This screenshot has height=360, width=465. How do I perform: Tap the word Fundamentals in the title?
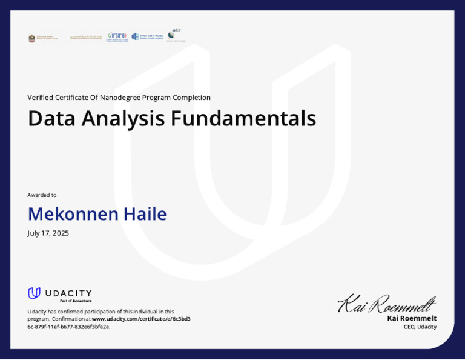(243, 118)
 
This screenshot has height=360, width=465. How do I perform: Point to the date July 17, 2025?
(48, 233)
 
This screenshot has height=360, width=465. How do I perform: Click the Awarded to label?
(42, 195)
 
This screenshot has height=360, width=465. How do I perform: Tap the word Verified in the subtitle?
(40, 98)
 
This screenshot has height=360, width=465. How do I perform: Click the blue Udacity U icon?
(34, 293)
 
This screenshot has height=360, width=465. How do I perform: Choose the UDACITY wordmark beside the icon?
(68, 293)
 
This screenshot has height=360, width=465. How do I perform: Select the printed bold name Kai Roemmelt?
(412, 318)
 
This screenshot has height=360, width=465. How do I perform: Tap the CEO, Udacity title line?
(420, 327)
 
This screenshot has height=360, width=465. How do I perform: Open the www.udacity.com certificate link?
(140, 319)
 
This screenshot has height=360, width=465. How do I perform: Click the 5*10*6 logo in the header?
(117, 36)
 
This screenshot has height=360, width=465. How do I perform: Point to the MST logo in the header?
(176, 35)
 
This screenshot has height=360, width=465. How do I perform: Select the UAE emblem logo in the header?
(32, 38)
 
